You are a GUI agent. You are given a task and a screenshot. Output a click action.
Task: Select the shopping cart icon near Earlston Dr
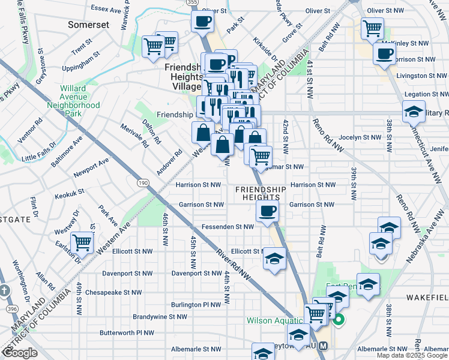coord(82,244)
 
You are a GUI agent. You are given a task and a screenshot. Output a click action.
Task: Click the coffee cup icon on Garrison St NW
coord(267,211)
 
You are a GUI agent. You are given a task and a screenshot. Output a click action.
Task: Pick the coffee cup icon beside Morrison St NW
coord(384,53)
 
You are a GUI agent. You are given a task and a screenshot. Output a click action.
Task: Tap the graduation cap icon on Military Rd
coord(413,112)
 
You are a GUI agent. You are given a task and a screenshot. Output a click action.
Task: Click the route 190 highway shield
coord(142,182)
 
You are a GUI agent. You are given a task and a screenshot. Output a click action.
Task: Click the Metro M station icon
coord(324,346)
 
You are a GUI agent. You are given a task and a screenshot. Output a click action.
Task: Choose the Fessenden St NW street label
coord(228,227)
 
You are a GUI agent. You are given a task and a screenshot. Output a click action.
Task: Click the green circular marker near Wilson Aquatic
coord(339,320)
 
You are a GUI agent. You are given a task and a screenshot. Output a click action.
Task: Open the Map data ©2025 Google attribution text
coord(411,355)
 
